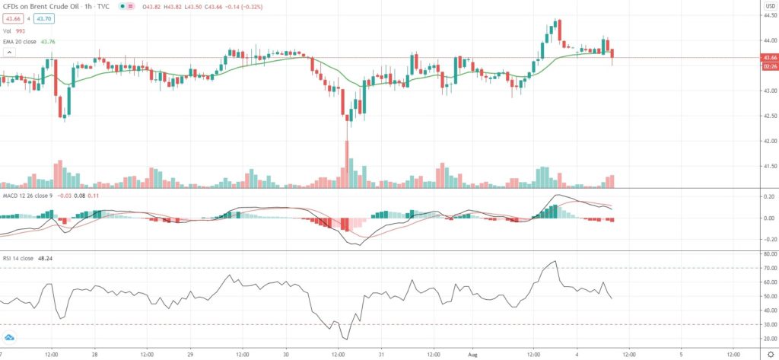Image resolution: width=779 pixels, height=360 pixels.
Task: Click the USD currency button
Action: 769,6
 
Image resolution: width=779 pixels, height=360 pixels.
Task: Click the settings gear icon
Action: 770,354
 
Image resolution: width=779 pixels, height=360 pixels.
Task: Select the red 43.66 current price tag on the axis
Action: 769,57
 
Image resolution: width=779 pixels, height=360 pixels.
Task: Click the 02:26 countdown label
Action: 769,66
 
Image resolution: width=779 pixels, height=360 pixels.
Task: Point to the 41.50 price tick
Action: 769,166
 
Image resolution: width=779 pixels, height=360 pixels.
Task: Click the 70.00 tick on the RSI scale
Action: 769,268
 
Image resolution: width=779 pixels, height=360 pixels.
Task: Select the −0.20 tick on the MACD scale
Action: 769,239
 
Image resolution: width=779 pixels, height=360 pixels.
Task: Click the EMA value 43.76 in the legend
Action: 47,42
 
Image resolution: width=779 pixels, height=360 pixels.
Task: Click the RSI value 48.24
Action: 46,258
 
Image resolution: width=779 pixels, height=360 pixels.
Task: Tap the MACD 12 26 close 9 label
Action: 25,197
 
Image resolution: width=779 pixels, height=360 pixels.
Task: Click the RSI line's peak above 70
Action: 555,262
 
